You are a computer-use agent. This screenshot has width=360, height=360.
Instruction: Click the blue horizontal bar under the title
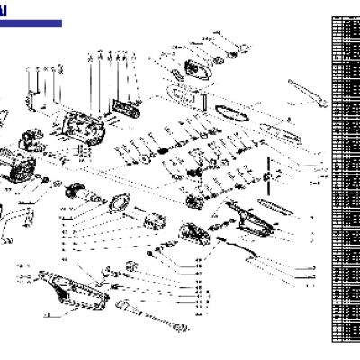pos(31,23)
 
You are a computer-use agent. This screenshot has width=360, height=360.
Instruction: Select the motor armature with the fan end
pos(86,199)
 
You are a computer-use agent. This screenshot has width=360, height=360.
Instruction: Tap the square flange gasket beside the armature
pos(120,206)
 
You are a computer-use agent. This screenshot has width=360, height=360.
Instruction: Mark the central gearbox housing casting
pos(85,126)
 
